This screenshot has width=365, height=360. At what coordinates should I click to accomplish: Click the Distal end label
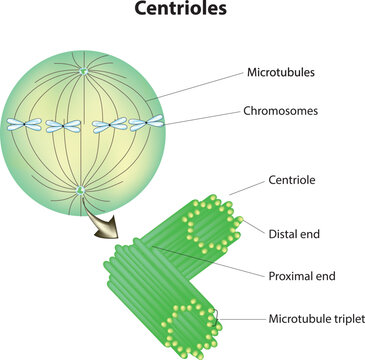tap(294, 234)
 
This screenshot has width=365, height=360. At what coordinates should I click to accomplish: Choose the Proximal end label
tap(303, 276)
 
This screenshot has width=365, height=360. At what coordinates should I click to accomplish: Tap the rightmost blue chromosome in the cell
tap(151, 122)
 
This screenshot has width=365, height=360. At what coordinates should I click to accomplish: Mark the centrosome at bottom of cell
tap(80, 189)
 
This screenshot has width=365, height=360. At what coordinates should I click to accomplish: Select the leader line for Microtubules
tap(196, 86)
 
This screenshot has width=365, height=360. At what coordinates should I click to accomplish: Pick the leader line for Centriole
tap(244, 189)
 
